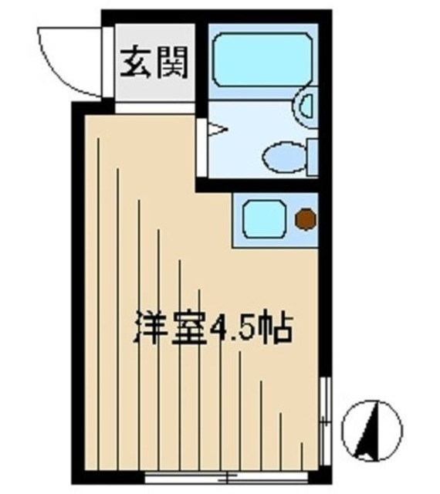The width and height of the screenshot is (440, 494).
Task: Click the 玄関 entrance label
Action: click(x=154, y=66)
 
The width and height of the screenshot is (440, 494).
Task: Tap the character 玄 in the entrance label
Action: click(x=136, y=66)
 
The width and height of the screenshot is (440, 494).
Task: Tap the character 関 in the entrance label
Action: click(x=171, y=66)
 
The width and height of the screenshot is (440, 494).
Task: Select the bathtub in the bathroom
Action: click(x=258, y=59)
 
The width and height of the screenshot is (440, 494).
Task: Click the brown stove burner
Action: click(x=306, y=220)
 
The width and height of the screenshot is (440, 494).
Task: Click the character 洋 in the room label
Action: click(x=151, y=327)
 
